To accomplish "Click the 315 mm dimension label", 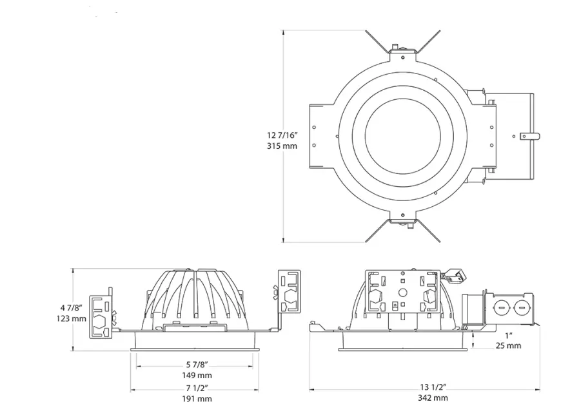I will [282, 146].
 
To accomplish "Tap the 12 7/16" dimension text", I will [282, 135].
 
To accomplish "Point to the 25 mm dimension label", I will [509, 345].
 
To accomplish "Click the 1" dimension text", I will [509, 334].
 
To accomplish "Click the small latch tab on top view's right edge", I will [529, 136].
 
